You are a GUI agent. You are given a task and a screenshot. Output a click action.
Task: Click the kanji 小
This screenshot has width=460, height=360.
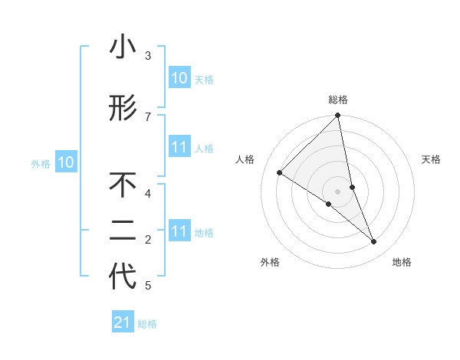click(123, 47)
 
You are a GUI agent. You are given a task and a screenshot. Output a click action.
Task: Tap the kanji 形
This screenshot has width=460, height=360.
click(123, 108)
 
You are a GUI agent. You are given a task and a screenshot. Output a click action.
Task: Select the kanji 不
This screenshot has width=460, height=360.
click(123, 185)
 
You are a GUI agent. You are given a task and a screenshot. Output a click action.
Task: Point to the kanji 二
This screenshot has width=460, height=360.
click(123, 232)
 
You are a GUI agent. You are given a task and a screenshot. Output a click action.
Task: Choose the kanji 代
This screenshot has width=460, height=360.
click(123, 277)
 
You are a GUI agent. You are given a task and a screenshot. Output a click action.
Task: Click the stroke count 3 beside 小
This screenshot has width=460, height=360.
click(148, 56)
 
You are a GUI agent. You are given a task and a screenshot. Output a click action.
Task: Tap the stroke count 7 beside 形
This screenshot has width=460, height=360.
click(148, 116)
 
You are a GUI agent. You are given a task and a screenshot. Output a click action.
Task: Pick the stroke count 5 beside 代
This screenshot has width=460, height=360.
click(148, 286)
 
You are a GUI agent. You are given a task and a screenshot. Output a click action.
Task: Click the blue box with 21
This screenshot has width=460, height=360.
click(123, 322)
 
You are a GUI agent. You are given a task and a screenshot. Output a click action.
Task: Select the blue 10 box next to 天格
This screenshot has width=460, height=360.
click(179, 78)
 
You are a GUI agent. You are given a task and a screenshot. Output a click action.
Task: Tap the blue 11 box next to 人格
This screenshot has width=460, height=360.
click(179, 147)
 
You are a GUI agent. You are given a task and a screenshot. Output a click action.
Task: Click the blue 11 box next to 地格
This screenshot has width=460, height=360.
click(179, 231)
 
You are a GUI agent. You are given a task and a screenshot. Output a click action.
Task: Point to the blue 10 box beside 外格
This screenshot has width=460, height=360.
click(66, 162)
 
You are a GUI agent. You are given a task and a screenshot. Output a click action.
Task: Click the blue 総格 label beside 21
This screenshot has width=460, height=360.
click(147, 324)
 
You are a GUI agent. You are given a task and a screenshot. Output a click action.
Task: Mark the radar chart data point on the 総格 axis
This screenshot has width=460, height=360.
click(337, 116)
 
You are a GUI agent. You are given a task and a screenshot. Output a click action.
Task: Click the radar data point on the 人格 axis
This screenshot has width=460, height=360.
click(279, 172)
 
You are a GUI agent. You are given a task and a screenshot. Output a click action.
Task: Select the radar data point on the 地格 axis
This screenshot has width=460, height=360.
click(374, 242)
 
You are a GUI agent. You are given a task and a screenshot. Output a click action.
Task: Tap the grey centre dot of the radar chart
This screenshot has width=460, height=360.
click(337, 191)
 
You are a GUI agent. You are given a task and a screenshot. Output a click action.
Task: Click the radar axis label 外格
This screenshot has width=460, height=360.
click(270, 263)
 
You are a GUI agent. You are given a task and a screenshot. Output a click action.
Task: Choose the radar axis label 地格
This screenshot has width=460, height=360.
click(402, 263)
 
